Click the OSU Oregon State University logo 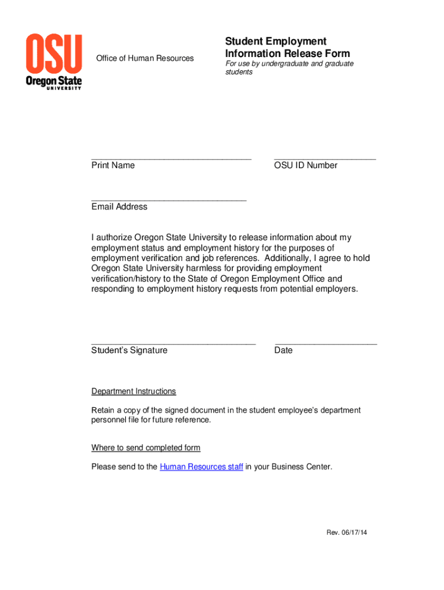coord(54,61)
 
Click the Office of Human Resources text coord(145,58)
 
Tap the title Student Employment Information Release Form coord(287,48)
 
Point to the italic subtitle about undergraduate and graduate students coord(289,68)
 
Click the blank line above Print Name coord(171,157)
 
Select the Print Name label coord(113,165)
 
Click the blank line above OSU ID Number coord(325,157)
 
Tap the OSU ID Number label coord(306,165)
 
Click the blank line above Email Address coord(168,199)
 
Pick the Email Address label coord(119,207)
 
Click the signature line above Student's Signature coord(173,342)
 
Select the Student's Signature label coord(129,350)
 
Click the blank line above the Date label coord(326,342)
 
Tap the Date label coord(284,350)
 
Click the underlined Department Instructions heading coord(134,392)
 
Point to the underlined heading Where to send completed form coord(146,448)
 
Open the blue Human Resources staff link coord(201,467)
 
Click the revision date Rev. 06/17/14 coord(347,532)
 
